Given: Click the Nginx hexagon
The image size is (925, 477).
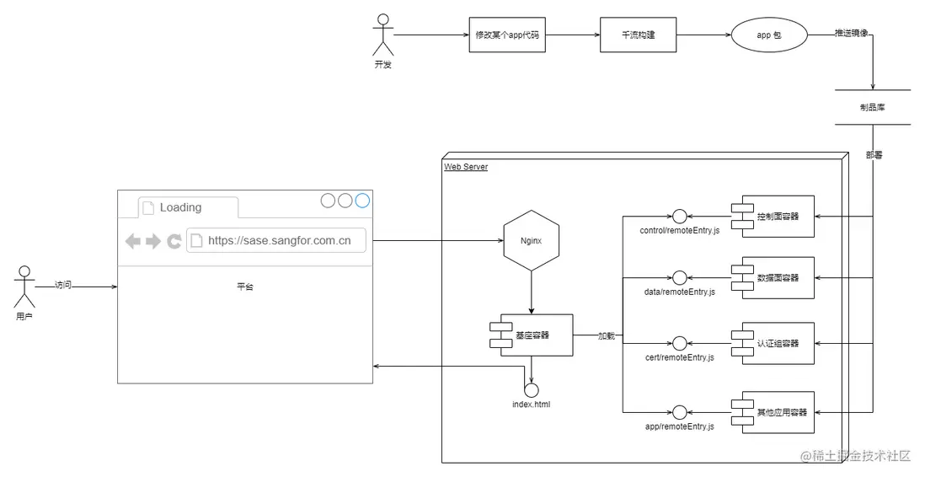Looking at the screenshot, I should [x=531, y=240].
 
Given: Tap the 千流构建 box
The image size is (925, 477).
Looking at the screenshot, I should [x=638, y=35].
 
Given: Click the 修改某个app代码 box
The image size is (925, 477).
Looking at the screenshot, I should [x=505, y=35].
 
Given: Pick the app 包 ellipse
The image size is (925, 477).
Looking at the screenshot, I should [x=768, y=35].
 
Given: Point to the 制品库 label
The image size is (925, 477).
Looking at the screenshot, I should [x=872, y=108].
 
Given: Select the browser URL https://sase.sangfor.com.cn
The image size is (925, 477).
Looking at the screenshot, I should [x=279, y=240].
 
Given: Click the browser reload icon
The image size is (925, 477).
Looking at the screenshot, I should [x=174, y=241].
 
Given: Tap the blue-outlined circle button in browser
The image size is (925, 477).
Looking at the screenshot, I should [x=362, y=201].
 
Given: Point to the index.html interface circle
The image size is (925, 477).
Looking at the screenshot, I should [x=531, y=390].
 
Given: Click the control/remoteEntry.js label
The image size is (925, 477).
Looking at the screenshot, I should [x=679, y=230].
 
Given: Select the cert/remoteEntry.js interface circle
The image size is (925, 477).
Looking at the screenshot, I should [x=679, y=343].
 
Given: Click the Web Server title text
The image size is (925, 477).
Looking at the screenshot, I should [x=466, y=167].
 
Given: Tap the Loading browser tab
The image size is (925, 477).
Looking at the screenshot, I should [x=180, y=207].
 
